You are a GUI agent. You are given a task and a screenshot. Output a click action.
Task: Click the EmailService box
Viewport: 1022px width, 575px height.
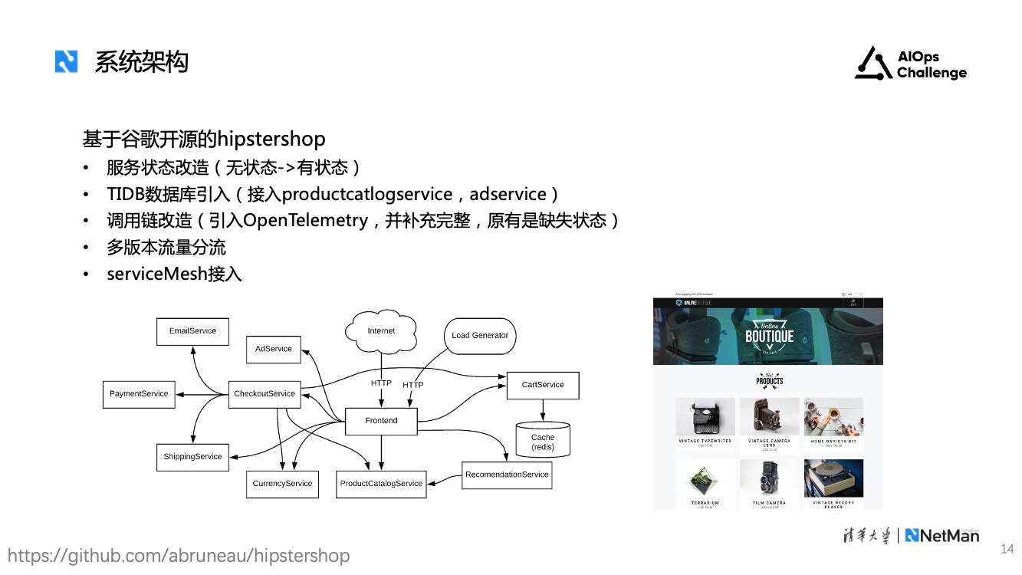[192, 331]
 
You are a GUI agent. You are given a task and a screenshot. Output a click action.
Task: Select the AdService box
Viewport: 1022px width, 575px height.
[274, 349]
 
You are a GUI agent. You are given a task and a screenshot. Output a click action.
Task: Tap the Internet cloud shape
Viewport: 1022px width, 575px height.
[381, 330]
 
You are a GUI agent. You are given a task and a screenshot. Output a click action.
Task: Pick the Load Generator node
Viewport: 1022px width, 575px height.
[480, 336]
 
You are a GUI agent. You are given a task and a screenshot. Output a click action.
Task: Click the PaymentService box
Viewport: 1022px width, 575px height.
[139, 394]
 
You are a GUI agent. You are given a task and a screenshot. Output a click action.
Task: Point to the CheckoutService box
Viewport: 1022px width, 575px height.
[265, 394]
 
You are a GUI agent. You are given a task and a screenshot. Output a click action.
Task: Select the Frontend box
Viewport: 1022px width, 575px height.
[381, 421]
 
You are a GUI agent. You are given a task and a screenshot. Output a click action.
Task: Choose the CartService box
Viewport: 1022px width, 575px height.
[543, 385]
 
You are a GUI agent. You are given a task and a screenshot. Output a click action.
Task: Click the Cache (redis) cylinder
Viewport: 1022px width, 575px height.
[543, 440]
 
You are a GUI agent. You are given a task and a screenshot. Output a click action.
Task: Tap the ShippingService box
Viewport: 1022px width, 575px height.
[192, 457]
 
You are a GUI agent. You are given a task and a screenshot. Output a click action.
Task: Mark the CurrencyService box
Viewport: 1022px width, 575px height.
[283, 484]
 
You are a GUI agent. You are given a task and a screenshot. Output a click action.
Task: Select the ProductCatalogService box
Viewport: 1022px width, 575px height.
[382, 484]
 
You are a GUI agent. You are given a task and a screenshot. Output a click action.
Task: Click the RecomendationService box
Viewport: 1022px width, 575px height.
[507, 475]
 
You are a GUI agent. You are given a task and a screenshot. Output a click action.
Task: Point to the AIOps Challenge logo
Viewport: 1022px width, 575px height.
[911, 64]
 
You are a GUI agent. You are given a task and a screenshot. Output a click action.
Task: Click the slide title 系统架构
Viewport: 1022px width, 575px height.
[141, 62]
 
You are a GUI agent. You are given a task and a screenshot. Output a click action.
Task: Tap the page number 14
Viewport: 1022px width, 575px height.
[1007, 549]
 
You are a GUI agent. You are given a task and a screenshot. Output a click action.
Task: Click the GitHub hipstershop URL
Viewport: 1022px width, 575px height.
[179, 556]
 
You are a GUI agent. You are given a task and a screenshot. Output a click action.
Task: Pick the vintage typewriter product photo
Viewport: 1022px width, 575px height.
[705, 416]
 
